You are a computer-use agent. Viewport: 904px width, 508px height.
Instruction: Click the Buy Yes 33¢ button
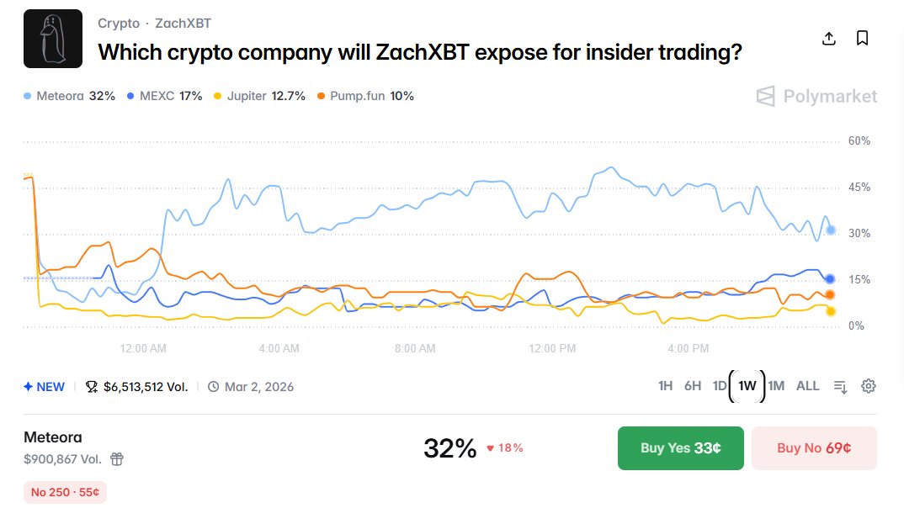680,447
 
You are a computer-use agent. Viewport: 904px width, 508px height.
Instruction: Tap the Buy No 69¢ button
813,447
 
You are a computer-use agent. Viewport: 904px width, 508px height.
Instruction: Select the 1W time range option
747,386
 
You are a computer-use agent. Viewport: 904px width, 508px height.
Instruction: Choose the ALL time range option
807,386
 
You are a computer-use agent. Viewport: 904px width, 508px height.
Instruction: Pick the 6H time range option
692,386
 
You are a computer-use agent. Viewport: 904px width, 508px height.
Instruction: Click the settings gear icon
869,386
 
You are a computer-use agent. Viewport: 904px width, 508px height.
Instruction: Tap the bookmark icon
862,39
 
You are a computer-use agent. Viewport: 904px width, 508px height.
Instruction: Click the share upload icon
828,39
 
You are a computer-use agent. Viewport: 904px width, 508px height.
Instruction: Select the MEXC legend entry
164,96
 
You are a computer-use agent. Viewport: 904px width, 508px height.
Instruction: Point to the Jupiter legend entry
260,96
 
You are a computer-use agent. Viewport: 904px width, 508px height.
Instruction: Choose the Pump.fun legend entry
365,96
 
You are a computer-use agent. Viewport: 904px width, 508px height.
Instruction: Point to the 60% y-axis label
859,141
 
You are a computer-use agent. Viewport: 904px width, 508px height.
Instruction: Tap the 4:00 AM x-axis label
279,348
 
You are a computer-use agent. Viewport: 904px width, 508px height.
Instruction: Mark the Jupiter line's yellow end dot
831,311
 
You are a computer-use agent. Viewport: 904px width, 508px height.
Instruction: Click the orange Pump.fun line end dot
830,294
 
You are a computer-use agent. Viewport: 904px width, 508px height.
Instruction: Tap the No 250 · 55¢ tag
65,492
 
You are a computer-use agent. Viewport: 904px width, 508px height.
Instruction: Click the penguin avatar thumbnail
53,39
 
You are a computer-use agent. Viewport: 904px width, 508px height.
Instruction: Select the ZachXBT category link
183,24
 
